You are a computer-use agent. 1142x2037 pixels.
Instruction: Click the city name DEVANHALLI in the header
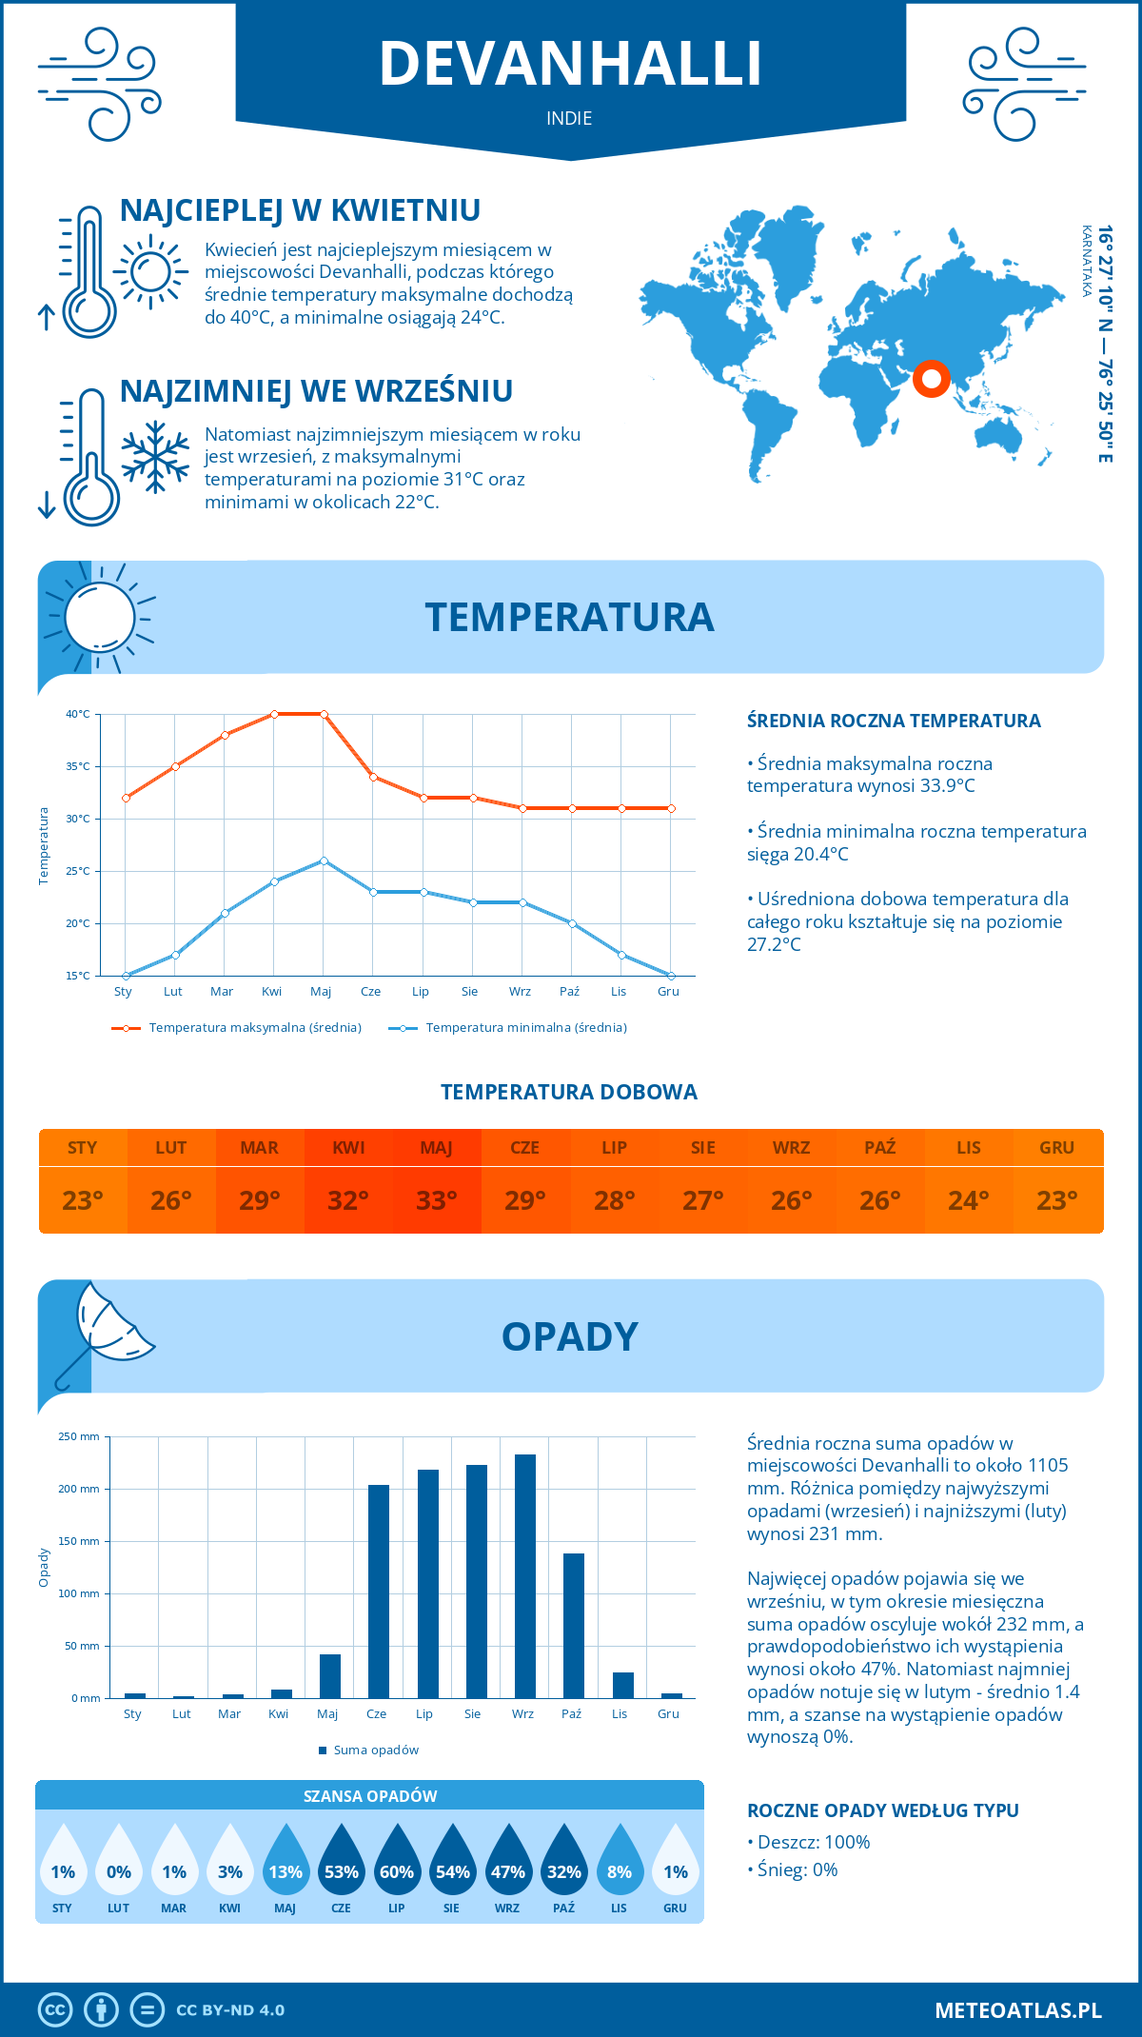pos(570,64)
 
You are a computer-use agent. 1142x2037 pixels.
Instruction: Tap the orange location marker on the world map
pos(931,379)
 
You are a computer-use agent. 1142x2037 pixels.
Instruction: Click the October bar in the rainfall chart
pos(573,1626)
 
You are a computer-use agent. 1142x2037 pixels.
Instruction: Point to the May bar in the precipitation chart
pos(329,1676)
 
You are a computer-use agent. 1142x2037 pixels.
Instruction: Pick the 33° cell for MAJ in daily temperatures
pos(437,1200)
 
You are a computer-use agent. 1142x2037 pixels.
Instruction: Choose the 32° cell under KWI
pos(348,1200)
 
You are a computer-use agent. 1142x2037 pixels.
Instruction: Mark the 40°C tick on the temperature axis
pos(78,714)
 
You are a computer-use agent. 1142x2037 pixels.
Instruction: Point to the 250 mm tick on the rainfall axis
pos(79,1436)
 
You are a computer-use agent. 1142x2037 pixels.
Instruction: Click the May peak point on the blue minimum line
pos(324,860)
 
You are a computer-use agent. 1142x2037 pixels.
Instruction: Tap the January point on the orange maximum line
pos(126,798)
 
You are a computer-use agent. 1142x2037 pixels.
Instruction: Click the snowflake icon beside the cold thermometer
pos(155,457)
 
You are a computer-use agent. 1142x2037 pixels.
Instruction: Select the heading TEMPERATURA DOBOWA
pos(569,1092)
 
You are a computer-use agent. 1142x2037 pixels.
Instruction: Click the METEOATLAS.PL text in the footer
pos(1018,2010)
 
